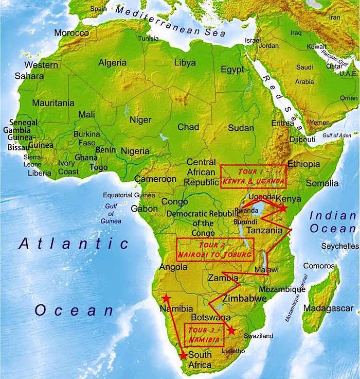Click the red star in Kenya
click(x=282, y=208)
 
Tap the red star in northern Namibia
click(x=166, y=298)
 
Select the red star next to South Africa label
click(x=183, y=355)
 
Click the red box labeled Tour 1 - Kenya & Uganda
click(x=253, y=177)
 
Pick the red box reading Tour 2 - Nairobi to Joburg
click(x=215, y=249)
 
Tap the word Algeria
click(x=112, y=62)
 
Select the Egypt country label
click(x=232, y=70)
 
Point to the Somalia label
click(x=322, y=183)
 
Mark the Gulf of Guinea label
click(x=112, y=213)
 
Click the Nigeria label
click(x=135, y=151)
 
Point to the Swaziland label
click(x=259, y=336)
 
